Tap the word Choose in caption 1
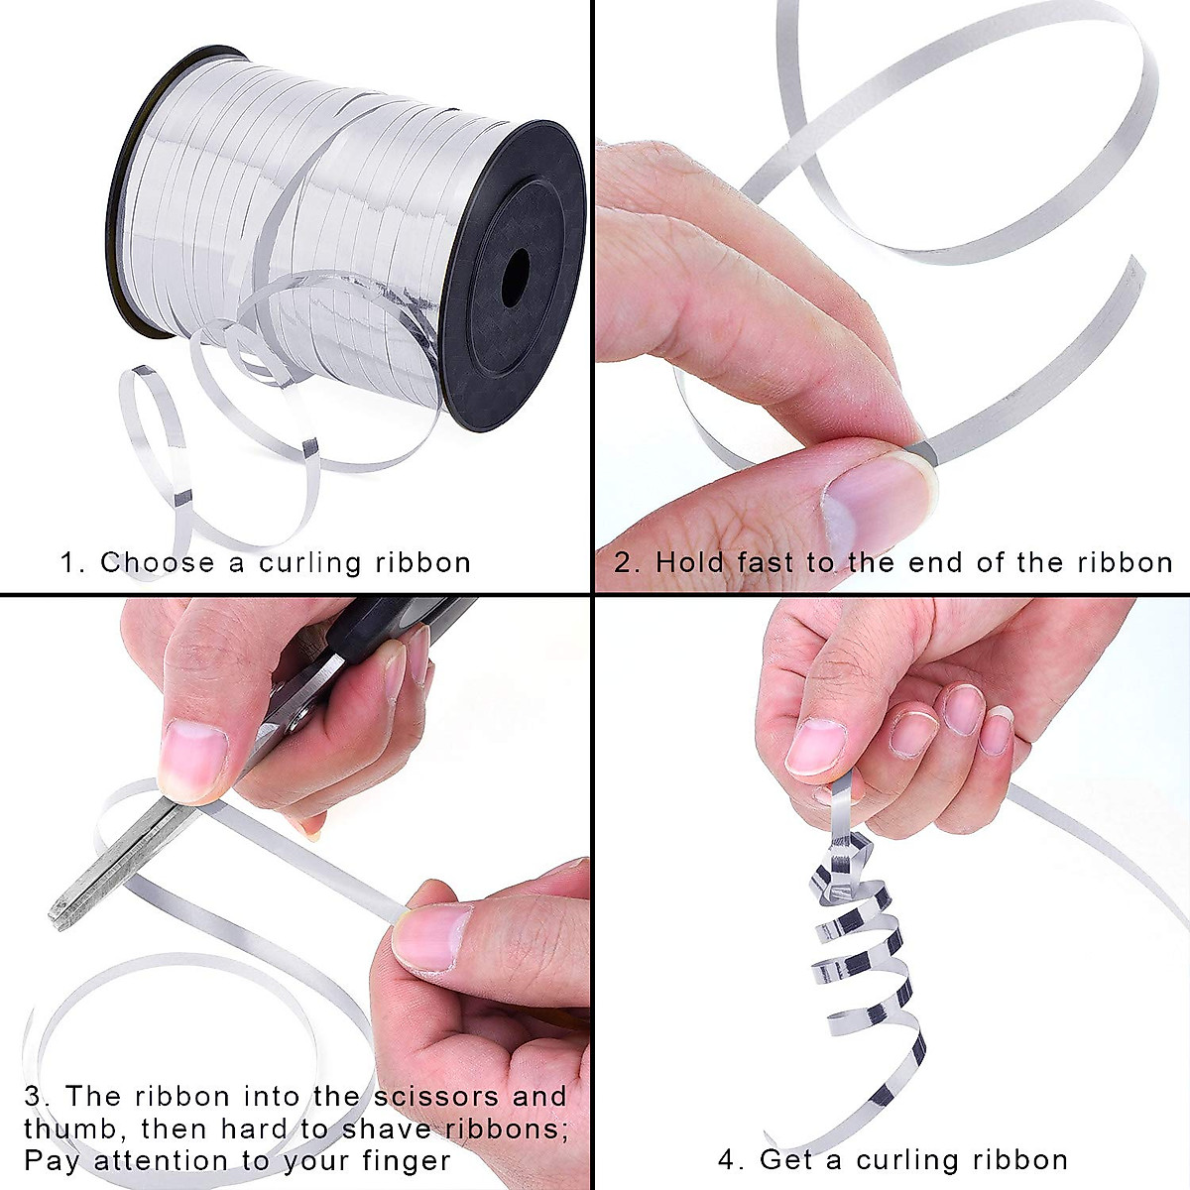coord(157,563)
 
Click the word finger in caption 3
coord(407,1160)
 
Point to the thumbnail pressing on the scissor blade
coord(192,758)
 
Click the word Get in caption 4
coord(787,1160)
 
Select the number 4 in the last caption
coord(728,1160)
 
